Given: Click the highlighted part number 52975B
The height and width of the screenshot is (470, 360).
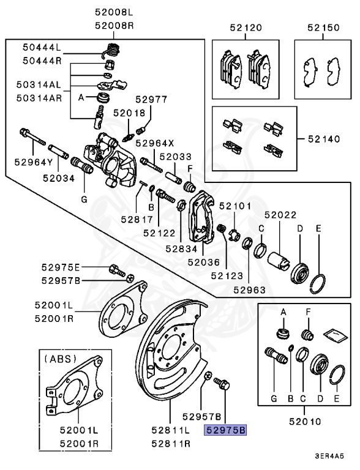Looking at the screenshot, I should click(225, 431).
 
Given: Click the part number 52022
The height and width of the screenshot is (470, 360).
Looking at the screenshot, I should click(280, 215).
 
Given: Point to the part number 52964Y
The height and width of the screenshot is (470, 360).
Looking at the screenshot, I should click(32, 162).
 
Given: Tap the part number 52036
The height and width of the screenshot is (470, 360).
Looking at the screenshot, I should click(203, 262).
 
